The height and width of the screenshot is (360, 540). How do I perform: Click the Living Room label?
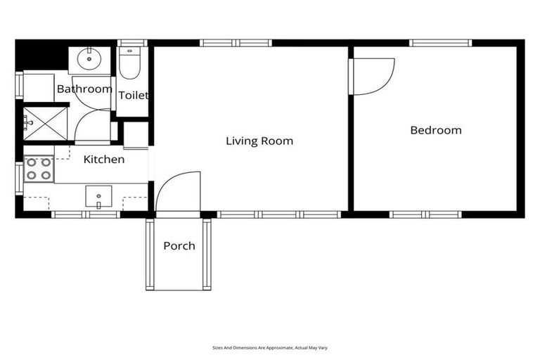pyautogui.click(x=259, y=141)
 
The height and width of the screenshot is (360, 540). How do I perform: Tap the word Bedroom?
pyautogui.click(x=435, y=130)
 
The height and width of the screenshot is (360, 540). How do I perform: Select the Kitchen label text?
pyautogui.click(x=104, y=160)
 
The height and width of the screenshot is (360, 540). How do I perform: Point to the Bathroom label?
pyautogui.click(x=84, y=89)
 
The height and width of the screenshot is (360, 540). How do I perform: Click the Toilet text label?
pyautogui.click(x=133, y=95)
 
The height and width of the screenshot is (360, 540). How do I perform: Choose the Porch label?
pyautogui.click(x=179, y=245)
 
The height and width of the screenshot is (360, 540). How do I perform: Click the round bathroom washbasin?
pyautogui.click(x=89, y=58)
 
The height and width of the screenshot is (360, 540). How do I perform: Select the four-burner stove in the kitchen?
pyautogui.click(x=39, y=169)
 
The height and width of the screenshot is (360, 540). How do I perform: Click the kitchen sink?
pyautogui.click(x=98, y=196)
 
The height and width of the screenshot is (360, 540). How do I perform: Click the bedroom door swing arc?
pyautogui.click(x=374, y=75)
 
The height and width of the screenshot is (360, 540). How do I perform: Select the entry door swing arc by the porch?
pyautogui.click(x=178, y=191)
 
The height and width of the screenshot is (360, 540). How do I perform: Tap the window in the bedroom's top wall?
pyautogui.click(x=440, y=43)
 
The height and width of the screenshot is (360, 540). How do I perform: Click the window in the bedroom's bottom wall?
pyautogui.click(x=425, y=214)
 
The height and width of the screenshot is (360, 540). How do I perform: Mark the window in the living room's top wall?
pyautogui.click(x=236, y=43)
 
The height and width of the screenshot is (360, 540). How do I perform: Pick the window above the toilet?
pyautogui.click(x=131, y=43)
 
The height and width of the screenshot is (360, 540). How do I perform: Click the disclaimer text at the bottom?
pyautogui.click(x=270, y=347)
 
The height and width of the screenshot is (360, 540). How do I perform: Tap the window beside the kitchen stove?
pyautogui.click(x=19, y=178)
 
